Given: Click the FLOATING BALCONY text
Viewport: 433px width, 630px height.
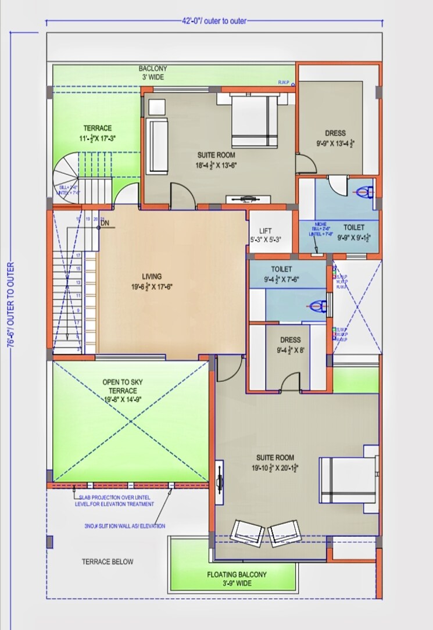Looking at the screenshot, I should (x=237, y=578).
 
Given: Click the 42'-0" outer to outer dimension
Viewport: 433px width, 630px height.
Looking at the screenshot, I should (x=214, y=21).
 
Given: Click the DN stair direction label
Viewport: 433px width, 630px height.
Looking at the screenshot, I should (x=105, y=223).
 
